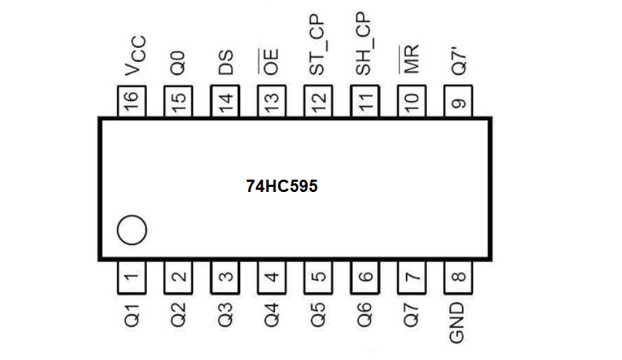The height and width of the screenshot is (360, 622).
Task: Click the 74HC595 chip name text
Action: click(x=282, y=186)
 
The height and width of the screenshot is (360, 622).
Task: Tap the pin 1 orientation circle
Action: click(x=132, y=231)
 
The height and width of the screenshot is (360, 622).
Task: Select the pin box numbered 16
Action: click(x=132, y=101)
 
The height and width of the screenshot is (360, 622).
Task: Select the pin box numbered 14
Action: click(x=225, y=101)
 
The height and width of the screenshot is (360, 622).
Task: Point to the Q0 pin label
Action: click(x=178, y=64)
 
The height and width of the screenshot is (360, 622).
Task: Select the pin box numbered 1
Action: click(x=132, y=276)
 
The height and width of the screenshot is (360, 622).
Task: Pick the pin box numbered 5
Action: click(x=318, y=276)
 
